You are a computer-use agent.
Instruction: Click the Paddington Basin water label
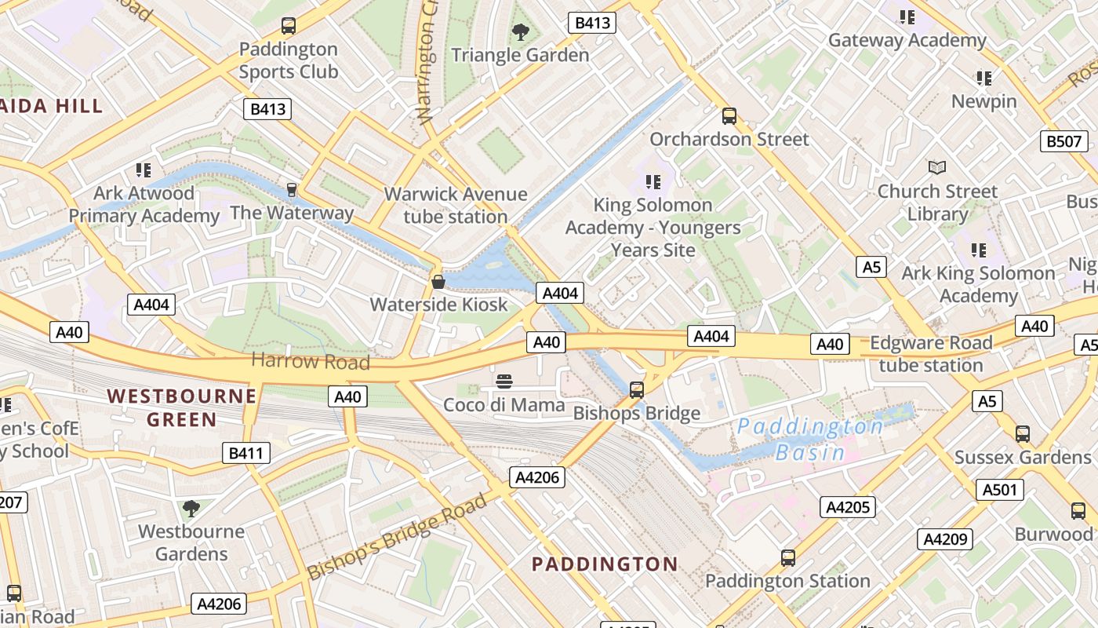pos(810,439)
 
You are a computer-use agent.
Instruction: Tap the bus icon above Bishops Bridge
pos(637,389)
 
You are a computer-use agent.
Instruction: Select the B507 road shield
pos(1064,142)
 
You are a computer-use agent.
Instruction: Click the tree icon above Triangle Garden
pos(520,32)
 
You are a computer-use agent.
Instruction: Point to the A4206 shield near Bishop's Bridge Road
pos(537,477)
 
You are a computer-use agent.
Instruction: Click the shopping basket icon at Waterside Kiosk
pos(438,281)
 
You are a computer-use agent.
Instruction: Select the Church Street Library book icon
pos(937,167)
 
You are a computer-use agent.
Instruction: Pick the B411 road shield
pos(246,453)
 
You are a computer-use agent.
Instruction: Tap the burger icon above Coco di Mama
pos(504,382)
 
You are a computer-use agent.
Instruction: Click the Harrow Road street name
pos(311,361)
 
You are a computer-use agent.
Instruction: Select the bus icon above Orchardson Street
pos(729,116)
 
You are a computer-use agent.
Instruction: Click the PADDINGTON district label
pos(605,564)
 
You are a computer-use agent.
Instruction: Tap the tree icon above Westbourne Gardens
pos(191,508)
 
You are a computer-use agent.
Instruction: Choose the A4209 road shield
pos(946,539)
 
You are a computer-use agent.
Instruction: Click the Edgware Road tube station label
pos(931,354)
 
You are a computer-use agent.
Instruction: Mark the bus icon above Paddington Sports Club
pos(289,26)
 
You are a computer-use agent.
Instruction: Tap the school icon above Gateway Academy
pos(907,16)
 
